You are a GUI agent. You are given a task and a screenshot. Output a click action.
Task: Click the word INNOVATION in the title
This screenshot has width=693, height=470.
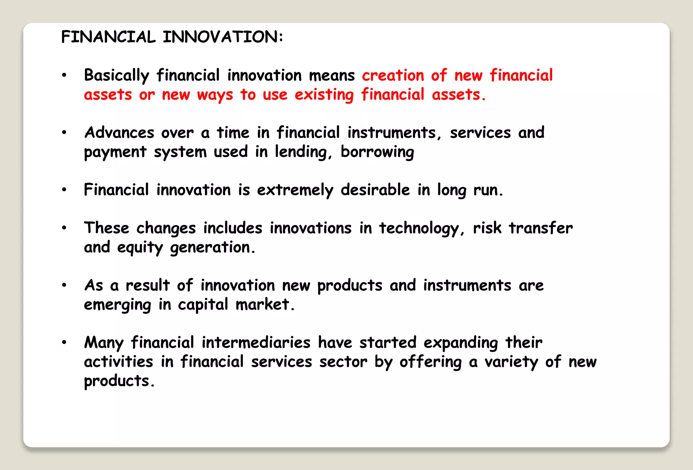223,37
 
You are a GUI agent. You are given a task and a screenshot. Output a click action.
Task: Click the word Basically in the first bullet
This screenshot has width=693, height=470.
116,75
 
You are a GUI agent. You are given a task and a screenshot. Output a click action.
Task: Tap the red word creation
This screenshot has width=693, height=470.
393,75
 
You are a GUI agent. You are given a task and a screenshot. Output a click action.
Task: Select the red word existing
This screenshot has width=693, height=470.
324,95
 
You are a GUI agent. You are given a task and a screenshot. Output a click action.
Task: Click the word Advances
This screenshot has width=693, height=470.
119,133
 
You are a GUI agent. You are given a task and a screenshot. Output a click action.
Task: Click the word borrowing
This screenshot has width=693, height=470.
377,152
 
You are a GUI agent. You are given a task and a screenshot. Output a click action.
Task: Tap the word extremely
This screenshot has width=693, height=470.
295,190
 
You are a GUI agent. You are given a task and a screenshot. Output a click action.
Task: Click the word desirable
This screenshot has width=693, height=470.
375,190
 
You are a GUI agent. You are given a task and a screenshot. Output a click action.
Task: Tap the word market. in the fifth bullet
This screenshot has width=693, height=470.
265,305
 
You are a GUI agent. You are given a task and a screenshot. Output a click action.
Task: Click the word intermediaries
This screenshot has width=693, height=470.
256,342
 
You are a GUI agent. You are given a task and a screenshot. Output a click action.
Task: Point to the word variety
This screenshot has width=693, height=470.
511,362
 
